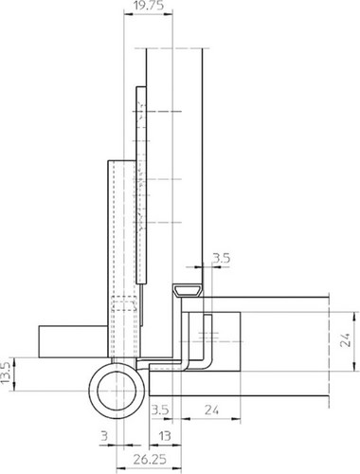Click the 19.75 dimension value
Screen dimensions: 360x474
[148, 6]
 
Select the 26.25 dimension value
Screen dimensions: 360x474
[150, 459]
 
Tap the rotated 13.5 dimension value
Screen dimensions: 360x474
[6, 374]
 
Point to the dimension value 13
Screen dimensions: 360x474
[164, 436]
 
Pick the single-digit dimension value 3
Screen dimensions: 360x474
[104, 436]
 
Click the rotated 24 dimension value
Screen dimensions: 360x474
[346, 340]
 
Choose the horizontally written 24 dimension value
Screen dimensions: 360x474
[211, 410]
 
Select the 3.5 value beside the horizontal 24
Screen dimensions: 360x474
[160, 410]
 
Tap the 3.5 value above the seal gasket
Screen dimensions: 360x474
[222, 259]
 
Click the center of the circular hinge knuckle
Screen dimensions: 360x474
[117, 391]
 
